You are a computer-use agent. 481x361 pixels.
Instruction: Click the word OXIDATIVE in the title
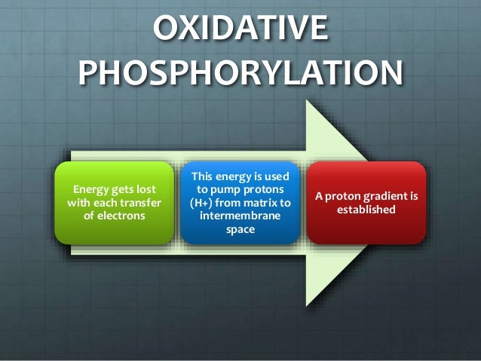240,30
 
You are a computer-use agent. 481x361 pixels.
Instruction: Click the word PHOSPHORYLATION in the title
240,74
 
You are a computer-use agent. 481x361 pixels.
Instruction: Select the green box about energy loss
115,202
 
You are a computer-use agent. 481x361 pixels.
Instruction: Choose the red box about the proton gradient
366,202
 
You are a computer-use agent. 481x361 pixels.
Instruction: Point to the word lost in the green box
146,188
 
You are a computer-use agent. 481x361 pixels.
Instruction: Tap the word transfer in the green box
140,202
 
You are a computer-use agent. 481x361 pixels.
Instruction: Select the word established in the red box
366,210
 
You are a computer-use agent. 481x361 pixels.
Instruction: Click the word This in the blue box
207,176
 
